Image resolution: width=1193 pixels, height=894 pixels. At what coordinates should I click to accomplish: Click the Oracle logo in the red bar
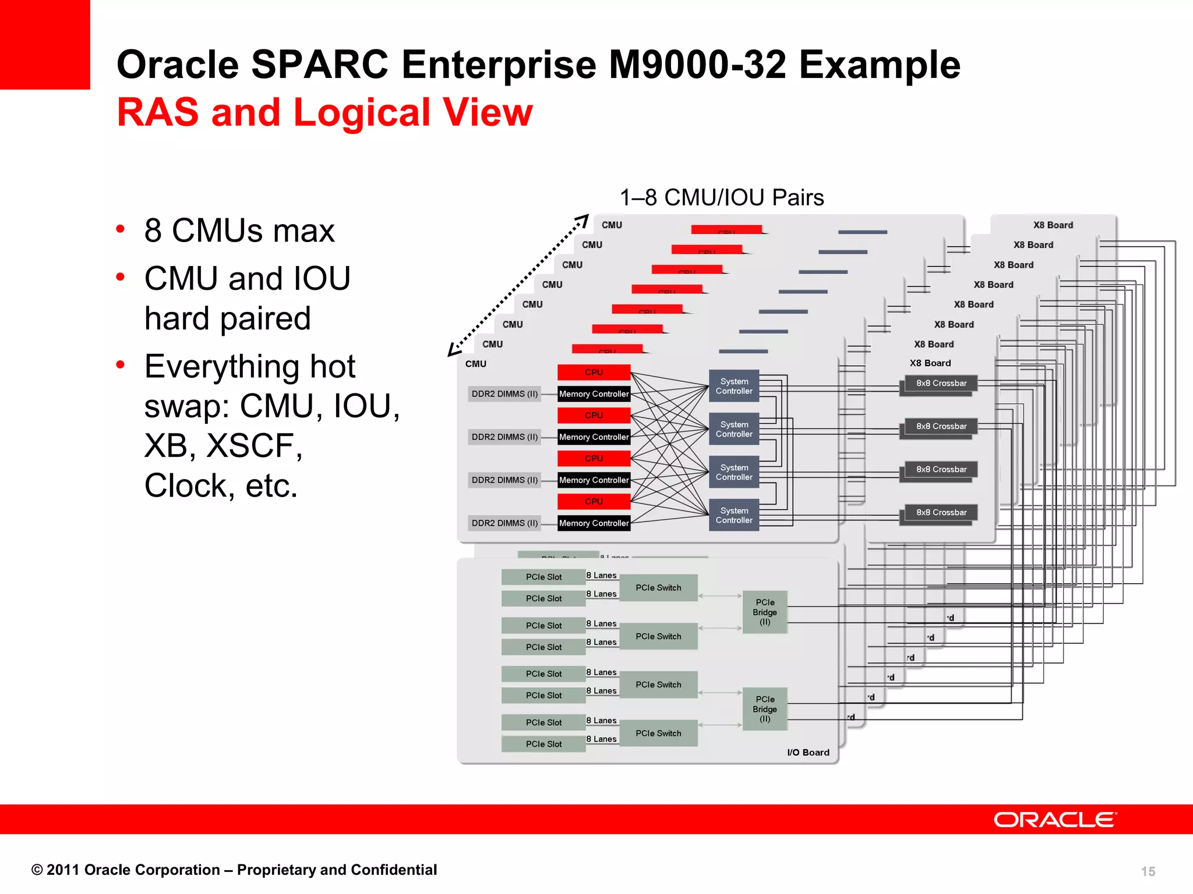point(1054,819)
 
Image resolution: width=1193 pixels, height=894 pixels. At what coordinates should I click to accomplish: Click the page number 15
point(1148,871)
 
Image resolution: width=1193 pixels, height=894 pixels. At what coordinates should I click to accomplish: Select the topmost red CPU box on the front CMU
point(594,372)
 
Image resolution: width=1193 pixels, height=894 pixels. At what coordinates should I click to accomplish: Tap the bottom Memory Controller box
point(594,523)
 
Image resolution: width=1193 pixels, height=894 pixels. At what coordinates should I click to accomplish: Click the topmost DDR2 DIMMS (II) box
point(504,394)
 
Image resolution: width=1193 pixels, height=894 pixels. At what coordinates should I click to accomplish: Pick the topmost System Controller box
point(734,386)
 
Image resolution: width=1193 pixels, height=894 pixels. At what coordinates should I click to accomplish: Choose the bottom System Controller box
point(734,516)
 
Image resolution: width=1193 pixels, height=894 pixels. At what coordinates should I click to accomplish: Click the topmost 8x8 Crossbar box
point(941,383)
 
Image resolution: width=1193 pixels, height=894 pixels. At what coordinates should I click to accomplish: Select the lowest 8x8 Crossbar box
point(941,512)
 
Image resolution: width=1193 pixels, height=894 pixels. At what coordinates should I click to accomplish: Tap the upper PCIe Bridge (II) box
point(765,612)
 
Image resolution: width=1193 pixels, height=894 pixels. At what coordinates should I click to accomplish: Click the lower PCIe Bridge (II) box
point(765,709)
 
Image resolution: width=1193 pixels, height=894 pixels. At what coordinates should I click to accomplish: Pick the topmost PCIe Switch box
point(658,588)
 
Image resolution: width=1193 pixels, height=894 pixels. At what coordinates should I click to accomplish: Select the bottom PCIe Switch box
point(658,733)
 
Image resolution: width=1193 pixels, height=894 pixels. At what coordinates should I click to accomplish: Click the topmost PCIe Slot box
point(543,577)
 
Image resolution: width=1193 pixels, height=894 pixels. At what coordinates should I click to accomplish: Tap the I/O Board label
point(808,753)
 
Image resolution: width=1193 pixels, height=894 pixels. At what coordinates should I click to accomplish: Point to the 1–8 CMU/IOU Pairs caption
point(722,198)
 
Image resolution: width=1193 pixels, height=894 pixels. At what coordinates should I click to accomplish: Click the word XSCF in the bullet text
point(255,446)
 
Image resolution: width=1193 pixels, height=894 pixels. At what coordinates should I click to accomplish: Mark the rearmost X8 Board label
point(1053,225)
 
